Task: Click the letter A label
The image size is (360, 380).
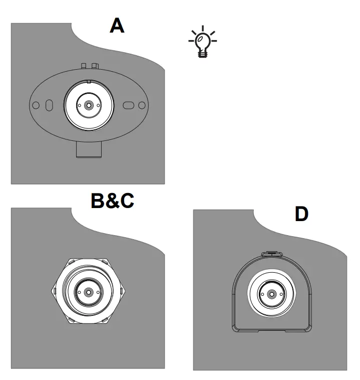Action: [x=117, y=26]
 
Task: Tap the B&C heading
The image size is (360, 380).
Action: [x=112, y=201]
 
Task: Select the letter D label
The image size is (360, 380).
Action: [x=301, y=214]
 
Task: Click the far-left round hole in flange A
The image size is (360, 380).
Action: [x=36, y=105]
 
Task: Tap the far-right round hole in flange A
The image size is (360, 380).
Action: [x=142, y=105]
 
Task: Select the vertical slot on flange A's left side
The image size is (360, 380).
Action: [x=49, y=105]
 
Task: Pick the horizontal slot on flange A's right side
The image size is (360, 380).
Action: [x=129, y=105]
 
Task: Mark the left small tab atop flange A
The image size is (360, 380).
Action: [x=84, y=66]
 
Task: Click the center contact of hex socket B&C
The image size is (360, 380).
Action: [x=89, y=292]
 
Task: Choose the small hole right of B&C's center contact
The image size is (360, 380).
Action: [x=99, y=292]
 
